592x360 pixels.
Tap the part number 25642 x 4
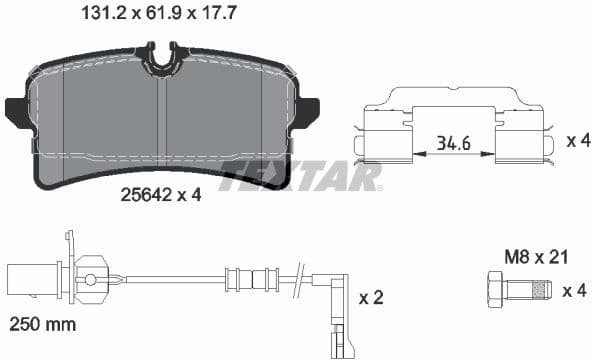point(159,195)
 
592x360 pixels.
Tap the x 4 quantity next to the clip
point(577,141)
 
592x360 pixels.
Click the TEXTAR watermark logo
point(300,177)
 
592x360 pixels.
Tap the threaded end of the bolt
point(541,291)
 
